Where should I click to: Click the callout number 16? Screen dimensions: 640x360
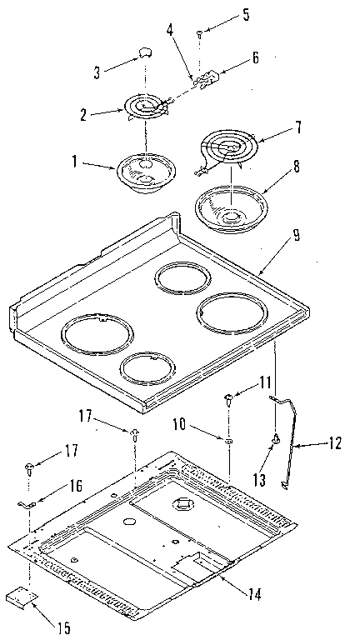click(x=77, y=484)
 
